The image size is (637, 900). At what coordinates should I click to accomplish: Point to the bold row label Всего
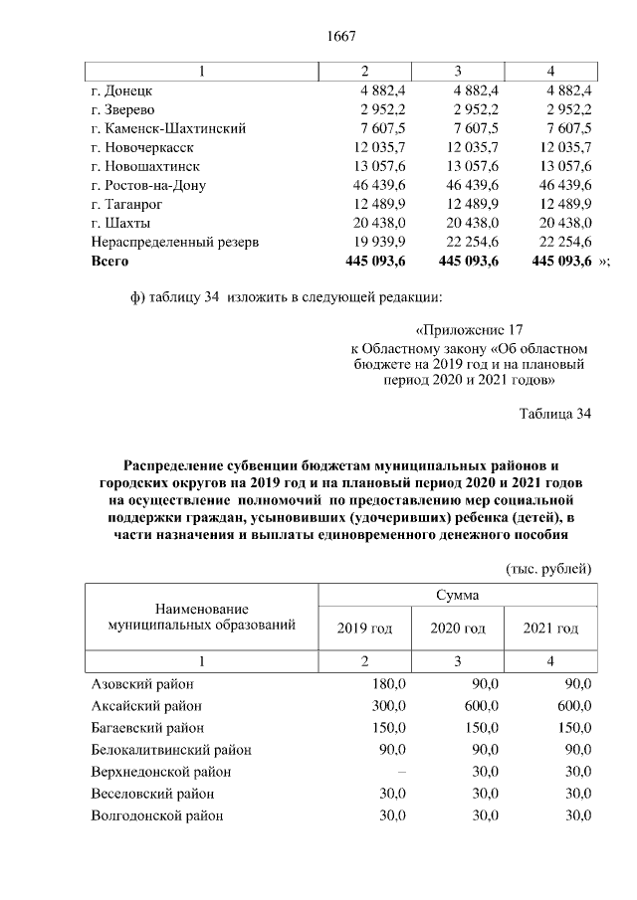tap(109, 261)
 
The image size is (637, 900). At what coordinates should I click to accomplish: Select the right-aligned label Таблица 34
tap(555, 414)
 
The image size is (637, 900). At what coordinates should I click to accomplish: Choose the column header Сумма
tap(457, 595)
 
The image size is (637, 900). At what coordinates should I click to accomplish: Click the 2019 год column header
tap(364, 629)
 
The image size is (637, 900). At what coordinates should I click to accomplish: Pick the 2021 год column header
tap(550, 629)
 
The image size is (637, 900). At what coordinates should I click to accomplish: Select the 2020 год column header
tap(457, 629)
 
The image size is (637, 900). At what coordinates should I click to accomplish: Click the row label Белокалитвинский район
tap(170, 750)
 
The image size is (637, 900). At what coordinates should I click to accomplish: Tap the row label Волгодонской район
tap(156, 815)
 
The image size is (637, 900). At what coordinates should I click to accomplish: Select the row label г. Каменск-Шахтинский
tap(167, 129)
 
